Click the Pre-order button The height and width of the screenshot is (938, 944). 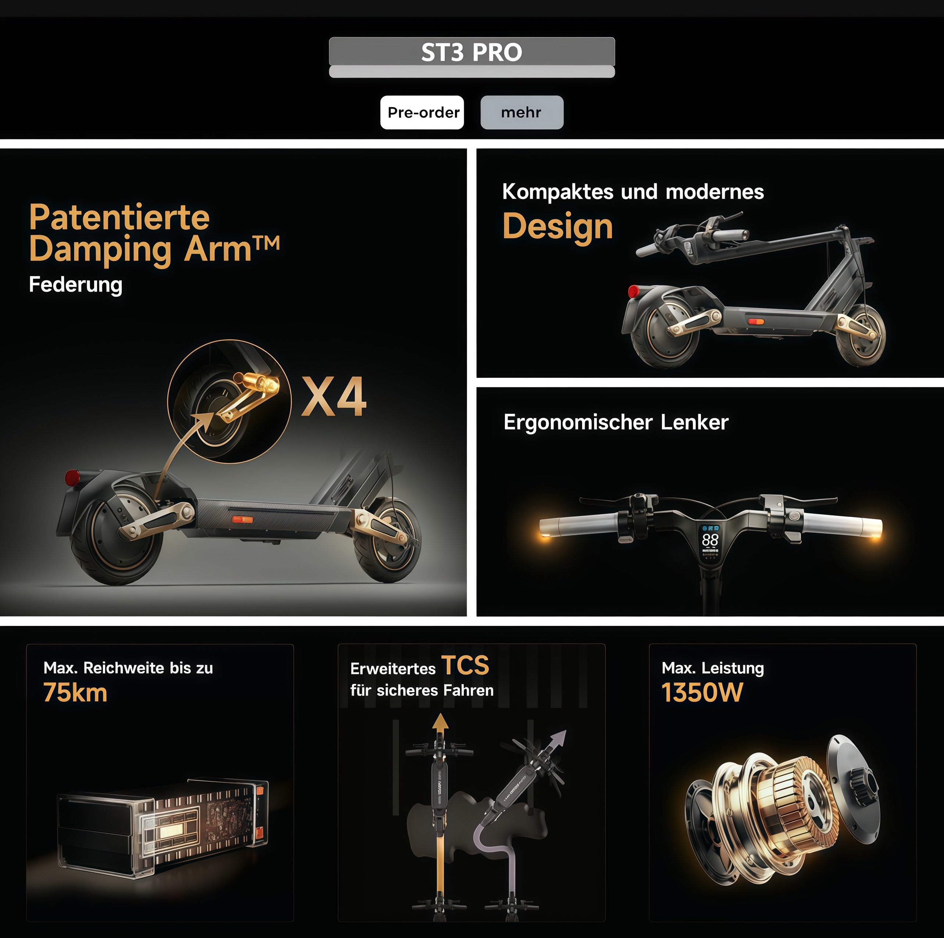click(x=422, y=112)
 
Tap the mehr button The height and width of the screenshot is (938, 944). click(x=522, y=112)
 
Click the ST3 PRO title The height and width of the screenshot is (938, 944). click(x=472, y=52)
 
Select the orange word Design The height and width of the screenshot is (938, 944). click(x=558, y=226)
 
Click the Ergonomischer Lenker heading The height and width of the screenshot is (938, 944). click(x=616, y=422)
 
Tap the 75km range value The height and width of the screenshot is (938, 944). click(x=75, y=692)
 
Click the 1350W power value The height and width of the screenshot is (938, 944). click(x=702, y=692)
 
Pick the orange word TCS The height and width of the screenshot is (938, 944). click(x=465, y=665)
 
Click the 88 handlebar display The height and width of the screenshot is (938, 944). click(x=710, y=540)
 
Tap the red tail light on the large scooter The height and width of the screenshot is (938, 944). click(x=73, y=477)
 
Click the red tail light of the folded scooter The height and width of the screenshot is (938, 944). click(x=634, y=291)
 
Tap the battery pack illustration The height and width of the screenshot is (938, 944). click(x=163, y=828)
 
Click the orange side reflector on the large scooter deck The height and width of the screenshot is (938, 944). click(x=242, y=519)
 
